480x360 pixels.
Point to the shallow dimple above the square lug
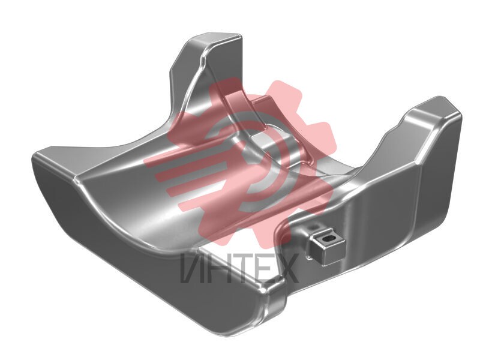313,227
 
